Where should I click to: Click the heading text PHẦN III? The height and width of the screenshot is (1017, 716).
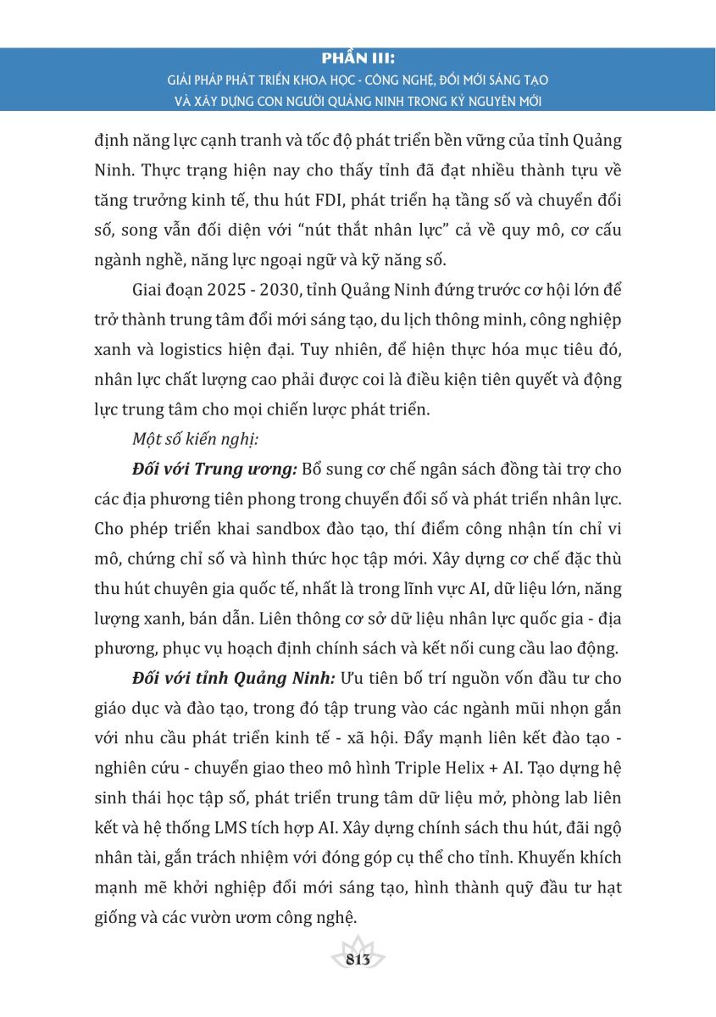pyautogui.click(x=358, y=60)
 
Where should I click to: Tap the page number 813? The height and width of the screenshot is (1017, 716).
pyautogui.click(x=358, y=959)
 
